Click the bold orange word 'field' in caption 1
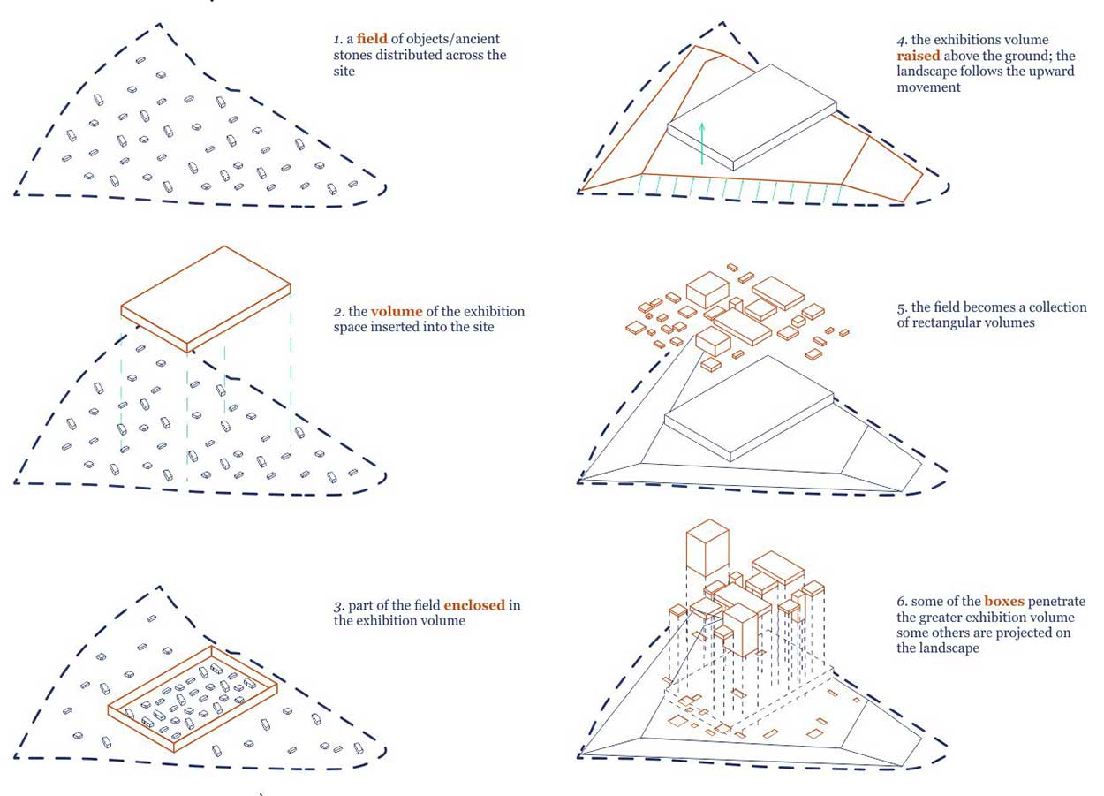coord(372,39)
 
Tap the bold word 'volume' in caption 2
coord(397,312)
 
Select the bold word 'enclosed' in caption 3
coord(474,605)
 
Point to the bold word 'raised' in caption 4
coord(919,55)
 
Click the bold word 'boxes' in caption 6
coord(1004,602)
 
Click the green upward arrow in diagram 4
coord(702,143)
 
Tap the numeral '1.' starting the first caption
coord(338,39)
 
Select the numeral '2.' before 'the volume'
coord(338,312)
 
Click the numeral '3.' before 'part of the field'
coord(338,606)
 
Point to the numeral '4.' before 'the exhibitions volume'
coord(902,40)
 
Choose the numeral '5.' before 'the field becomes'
coord(902,308)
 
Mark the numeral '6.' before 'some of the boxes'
coord(902,602)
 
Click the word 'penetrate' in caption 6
coord(1056,602)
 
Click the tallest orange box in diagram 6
coord(707,548)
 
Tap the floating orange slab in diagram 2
coord(206,299)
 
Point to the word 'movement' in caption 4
coord(928,87)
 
